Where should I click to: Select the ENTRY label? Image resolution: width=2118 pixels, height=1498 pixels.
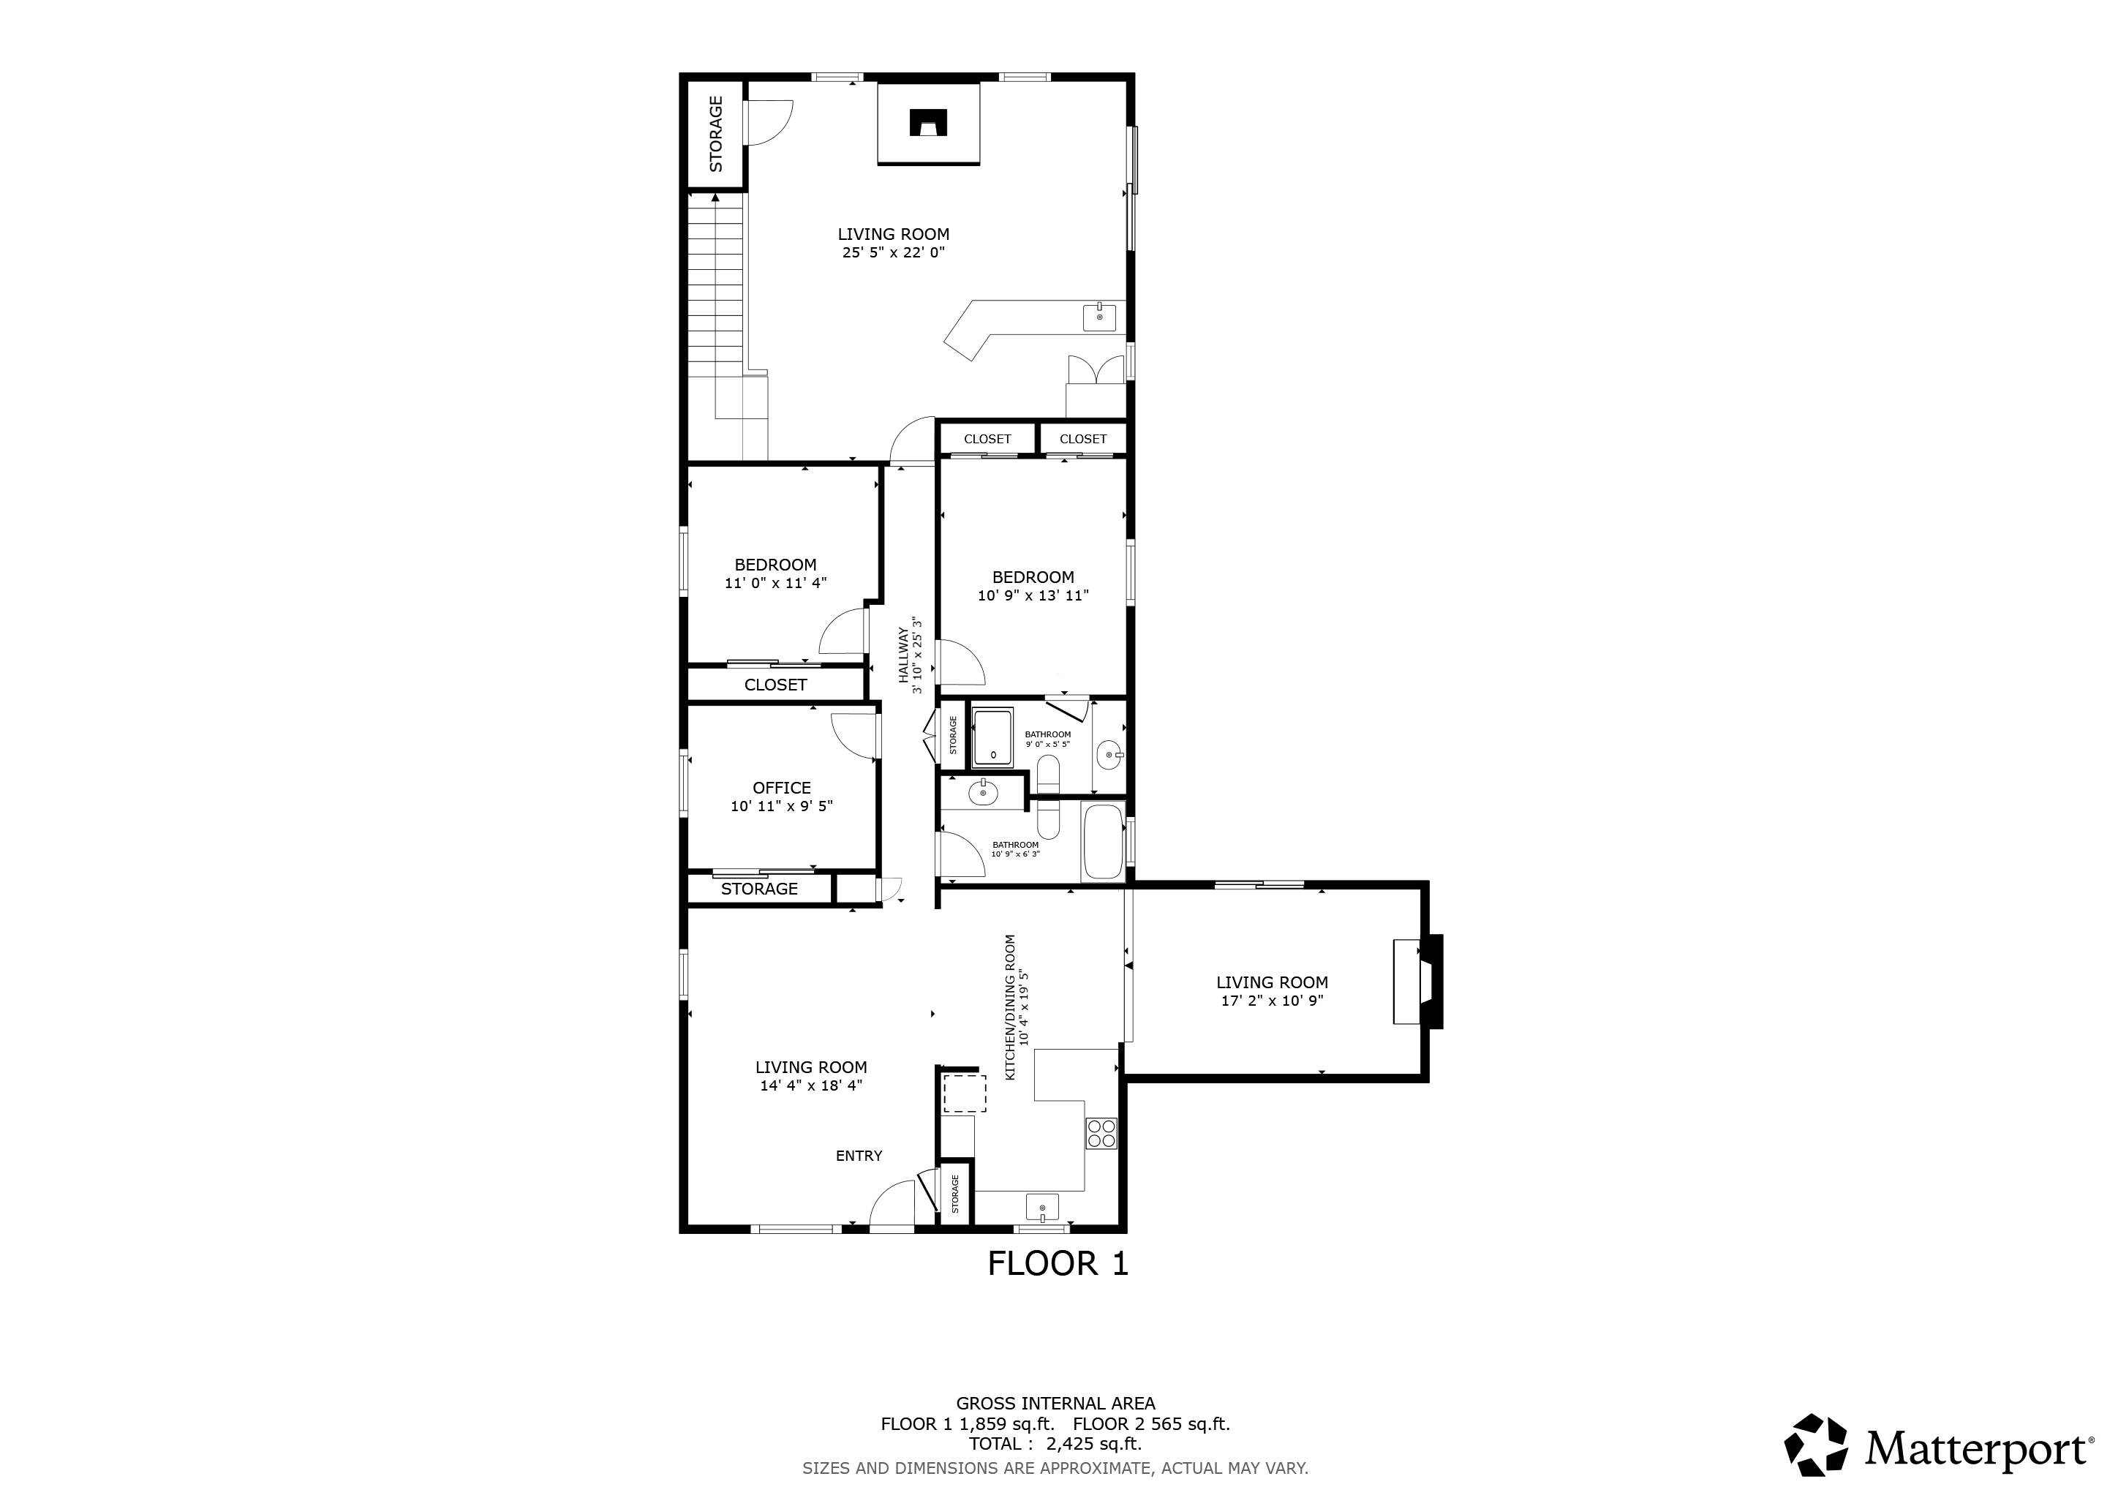click(x=859, y=1156)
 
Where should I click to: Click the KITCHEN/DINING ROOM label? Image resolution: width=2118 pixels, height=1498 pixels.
click(x=1010, y=1007)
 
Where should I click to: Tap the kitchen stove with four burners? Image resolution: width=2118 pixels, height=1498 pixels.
click(x=1101, y=1133)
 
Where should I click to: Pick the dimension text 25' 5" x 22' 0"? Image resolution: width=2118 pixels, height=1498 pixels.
click(x=894, y=252)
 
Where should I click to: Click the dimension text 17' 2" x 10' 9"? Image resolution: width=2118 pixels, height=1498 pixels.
click(x=1272, y=1001)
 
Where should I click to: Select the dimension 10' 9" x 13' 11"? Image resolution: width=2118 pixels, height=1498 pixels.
click(x=1033, y=595)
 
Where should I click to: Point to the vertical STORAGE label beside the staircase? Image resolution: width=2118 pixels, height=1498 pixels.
click(x=716, y=134)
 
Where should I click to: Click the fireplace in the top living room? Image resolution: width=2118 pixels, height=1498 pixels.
click(x=928, y=124)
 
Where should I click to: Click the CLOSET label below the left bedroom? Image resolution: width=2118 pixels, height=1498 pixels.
click(x=776, y=685)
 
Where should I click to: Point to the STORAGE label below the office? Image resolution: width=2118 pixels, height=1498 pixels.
click(x=759, y=888)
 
